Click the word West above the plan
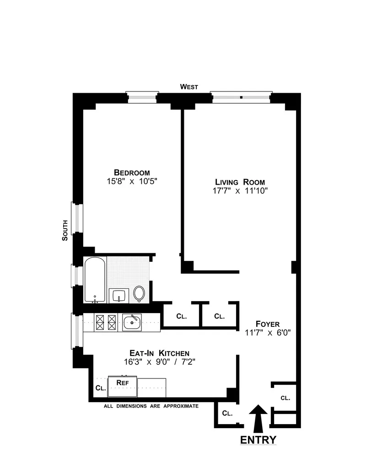(x=189, y=86)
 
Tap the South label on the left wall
(x=65, y=231)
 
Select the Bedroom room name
(x=132, y=172)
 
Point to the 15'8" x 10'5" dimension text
(x=132, y=181)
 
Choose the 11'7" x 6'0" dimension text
(x=268, y=333)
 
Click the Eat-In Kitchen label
(x=159, y=353)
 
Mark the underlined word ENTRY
(x=258, y=440)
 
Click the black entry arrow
(x=258, y=418)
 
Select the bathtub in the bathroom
(x=95, y=279)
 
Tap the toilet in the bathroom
(x=140, y=294)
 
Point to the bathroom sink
(x=119, y=295)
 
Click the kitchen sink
(x=132, y=322)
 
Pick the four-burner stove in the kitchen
(x=107, y=322)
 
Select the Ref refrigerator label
(x=122, y=382)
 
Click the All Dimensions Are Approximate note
(x=151, y=406)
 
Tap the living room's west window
(x=241, y=97)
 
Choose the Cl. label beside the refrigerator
(x=100, y=388)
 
